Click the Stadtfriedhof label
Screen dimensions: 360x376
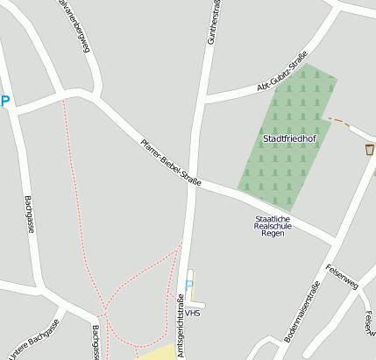tap(289, 138)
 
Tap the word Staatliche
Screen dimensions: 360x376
tap(272, 218)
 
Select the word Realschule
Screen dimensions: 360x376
tap(272, 226)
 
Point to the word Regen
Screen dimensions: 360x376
tap(272, 234)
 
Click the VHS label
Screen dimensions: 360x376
tap(193, 312)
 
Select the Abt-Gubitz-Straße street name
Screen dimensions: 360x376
tap(281, 74)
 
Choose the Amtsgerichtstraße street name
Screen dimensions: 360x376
tap(181, 321)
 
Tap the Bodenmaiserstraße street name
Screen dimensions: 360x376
tap(301, 311)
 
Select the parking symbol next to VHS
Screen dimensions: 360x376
tap(188, 286)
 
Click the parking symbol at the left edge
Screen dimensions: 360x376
tap(4, 102)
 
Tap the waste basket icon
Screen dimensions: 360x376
tap(370, 150)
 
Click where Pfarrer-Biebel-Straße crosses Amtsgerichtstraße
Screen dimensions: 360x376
tap(192, 182)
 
